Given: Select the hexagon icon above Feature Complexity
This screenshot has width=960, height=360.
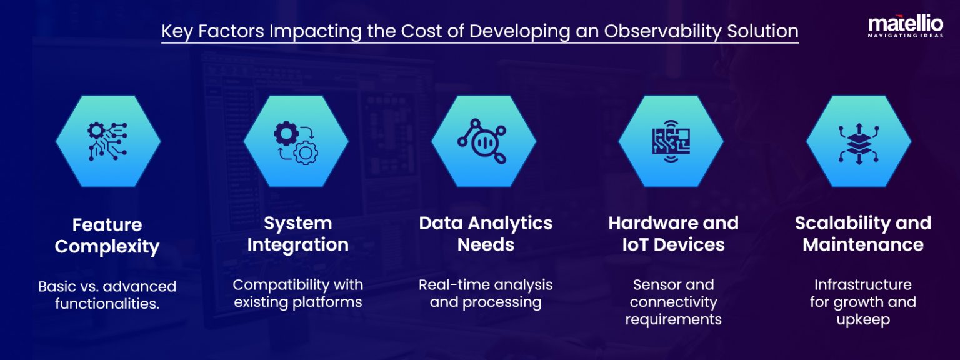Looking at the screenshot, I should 108,141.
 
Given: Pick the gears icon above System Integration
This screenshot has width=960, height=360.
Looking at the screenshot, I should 296,141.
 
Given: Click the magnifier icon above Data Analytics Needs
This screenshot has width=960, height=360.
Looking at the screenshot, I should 483,141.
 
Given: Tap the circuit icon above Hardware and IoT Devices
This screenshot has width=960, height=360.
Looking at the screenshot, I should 671,141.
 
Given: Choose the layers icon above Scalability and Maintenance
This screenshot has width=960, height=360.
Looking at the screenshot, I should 858,141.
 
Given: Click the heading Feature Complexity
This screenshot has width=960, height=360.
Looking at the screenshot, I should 107,235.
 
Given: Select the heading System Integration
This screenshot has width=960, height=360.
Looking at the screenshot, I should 297,234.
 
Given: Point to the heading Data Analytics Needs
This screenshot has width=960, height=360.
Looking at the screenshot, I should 486,234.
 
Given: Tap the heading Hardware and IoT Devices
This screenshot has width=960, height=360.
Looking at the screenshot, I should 673,234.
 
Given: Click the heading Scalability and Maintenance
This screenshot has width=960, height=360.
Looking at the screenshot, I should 862,234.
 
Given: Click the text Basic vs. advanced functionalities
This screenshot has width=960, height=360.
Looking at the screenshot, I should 107,295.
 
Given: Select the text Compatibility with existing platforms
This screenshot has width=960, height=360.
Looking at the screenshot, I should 297,293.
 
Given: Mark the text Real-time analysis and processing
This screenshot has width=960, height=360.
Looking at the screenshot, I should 486,293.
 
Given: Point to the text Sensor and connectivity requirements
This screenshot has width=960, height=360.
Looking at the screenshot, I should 673,302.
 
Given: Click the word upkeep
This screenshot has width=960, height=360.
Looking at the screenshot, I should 862,319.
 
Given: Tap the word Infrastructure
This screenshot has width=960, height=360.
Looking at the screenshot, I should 862,285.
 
